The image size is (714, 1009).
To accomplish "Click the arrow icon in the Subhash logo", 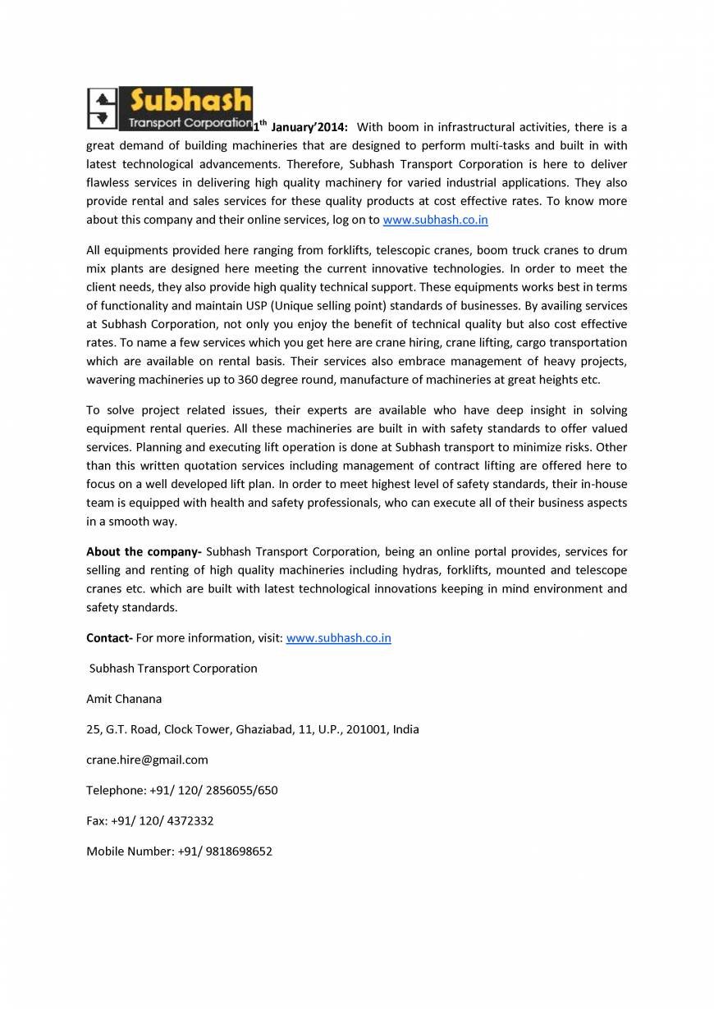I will (103, 108).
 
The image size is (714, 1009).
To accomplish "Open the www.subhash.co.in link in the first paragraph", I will (435, 220).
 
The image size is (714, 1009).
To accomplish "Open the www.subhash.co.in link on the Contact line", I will (338, 638).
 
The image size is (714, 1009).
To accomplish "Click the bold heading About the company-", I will (144, 552).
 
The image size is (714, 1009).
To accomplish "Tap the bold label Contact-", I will (109, 638).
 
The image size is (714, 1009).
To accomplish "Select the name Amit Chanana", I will (124, 699).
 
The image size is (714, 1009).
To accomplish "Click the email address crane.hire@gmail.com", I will (147, 760).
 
